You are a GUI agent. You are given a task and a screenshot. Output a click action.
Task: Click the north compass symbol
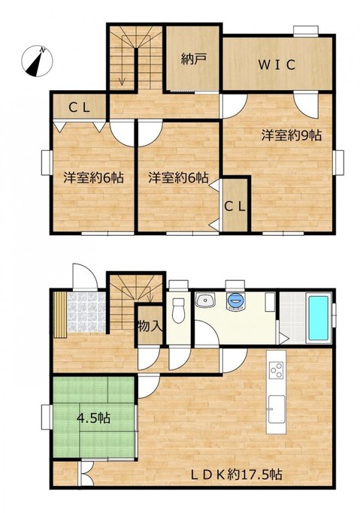(37, 61)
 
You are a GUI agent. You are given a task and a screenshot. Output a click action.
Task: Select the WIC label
(277, 65)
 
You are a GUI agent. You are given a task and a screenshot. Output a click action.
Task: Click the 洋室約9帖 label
(291, 135)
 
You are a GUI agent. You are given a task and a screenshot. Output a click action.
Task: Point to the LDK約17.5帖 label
(236, 474)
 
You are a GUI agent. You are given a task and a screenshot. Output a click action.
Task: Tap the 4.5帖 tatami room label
(93, 418)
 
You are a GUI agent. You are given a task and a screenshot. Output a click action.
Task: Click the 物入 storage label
(150, 326)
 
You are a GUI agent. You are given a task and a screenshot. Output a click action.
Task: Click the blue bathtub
(318, 318)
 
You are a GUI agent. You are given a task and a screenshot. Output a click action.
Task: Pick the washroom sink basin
(205, 300)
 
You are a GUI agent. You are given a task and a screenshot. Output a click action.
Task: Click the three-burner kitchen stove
(276, 370)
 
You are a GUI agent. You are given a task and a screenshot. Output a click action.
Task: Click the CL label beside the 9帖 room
(234, 207)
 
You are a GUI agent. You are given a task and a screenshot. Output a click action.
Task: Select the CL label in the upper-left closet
(79, 107)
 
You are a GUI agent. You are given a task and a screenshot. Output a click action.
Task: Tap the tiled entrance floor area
(86, 312)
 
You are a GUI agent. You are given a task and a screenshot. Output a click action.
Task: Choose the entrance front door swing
(84, 277)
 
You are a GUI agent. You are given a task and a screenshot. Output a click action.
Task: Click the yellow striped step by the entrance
(60, 315)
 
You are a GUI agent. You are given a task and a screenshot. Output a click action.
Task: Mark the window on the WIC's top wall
(306, 31)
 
